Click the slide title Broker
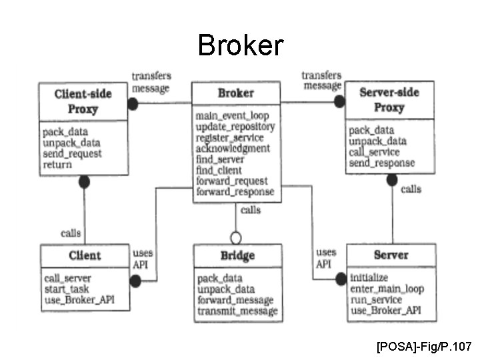(x=240, y=45)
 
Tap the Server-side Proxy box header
(x=389, y=99)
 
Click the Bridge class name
(x=237, y=256)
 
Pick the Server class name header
(x=391, y=255)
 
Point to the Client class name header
(x=85, y=255)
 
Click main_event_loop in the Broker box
(x=232, y=115)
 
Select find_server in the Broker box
(x=220, y=159)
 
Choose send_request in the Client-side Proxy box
(x=72, y=153)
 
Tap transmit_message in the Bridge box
(x=237, y=311)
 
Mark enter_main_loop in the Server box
(x=387, y=289)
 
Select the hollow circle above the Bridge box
(x=235, y=237)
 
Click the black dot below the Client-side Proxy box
(x=84, y=181)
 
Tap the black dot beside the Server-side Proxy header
(x=339, y=102)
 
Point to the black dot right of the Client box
(x=135, y=282)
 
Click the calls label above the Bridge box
(x=251, y=210)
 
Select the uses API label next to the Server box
(x=325, y=259)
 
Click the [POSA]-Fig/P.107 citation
(x=424, y=347)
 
